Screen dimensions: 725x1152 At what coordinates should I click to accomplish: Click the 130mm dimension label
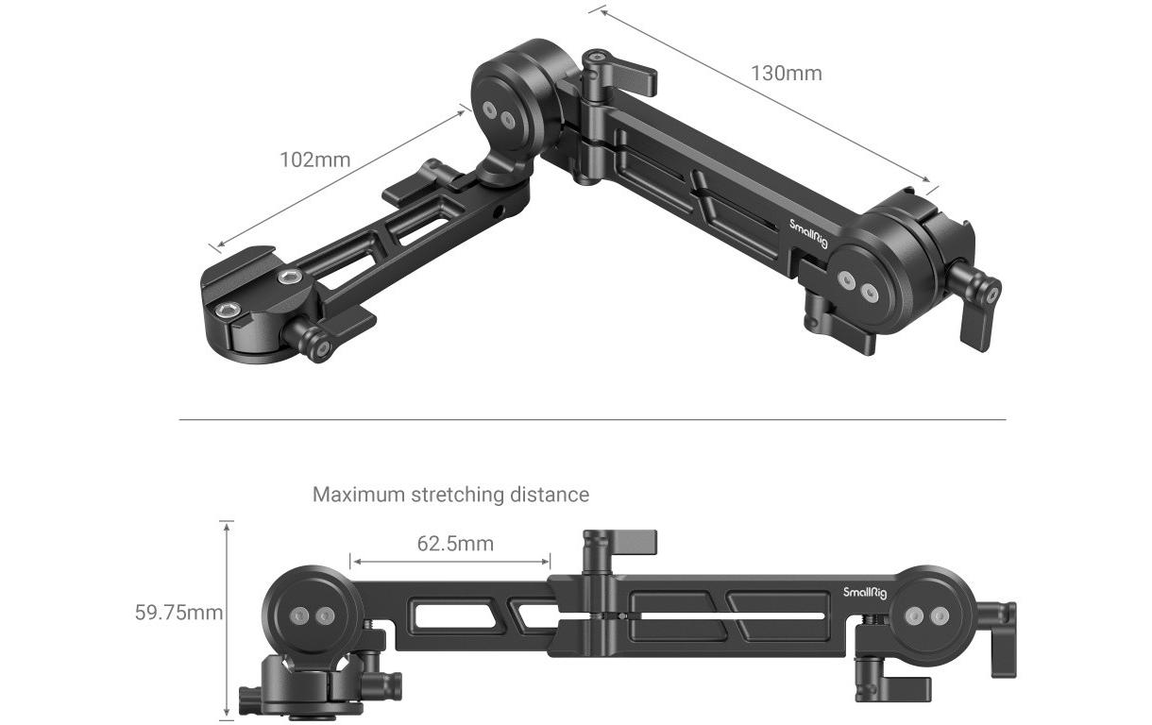(786, 74)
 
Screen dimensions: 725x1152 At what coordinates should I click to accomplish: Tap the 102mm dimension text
(314, 160)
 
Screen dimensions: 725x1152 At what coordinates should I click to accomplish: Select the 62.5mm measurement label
(455, 543)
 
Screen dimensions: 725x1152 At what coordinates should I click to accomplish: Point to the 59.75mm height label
(178, 614)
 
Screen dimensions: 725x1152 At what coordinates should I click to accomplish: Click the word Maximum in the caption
(359, 495)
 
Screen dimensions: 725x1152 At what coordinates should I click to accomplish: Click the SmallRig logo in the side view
(865, 592)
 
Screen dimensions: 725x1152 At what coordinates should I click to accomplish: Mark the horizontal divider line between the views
(592, 419)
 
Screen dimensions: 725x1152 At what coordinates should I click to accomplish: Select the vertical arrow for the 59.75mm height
(227, 619)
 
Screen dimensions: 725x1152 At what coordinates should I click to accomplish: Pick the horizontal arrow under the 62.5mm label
(449, 561)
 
